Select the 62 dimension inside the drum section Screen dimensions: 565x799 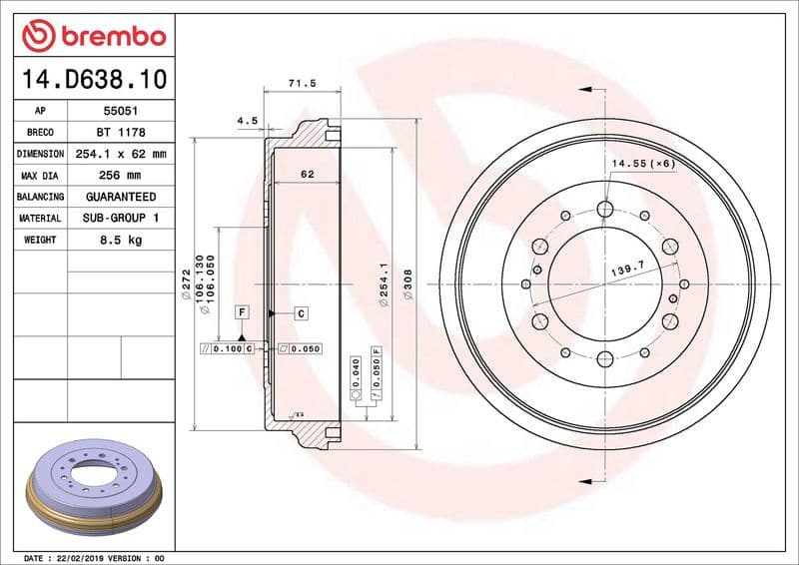[x=307, y=175]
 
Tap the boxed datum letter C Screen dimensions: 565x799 [x=301, y=313]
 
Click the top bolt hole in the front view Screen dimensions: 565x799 [x=605, y=209]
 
